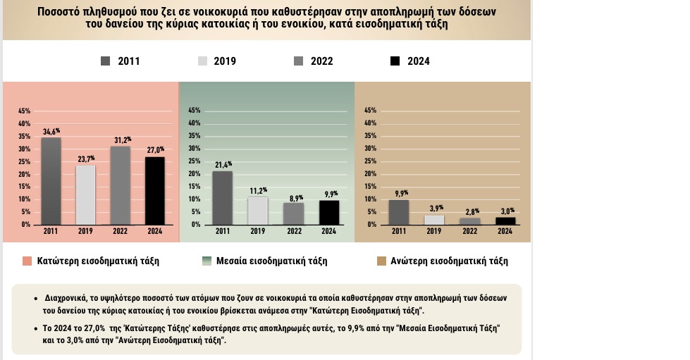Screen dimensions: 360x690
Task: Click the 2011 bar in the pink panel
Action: click(x=51, y=181)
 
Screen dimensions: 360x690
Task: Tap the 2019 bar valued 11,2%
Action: click(x=257, y=211)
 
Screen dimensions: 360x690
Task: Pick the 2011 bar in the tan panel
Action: click(x=399, y=212)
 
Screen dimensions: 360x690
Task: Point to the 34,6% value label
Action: click(x=51, y=132)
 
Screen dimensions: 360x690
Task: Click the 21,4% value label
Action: click(x=223, y=165)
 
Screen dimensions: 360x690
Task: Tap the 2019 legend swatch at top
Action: click(x=203, y=61)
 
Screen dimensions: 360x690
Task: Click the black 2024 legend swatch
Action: click(x=395, y=61)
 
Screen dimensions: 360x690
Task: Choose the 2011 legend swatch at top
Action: click(x=106, y=61)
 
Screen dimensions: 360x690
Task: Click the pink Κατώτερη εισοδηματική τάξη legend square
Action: click(x=27, y=261)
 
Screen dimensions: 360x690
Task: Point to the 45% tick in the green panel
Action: click(x=195, y=111)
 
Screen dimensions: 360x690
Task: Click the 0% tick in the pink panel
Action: click(x=25, y=224)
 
